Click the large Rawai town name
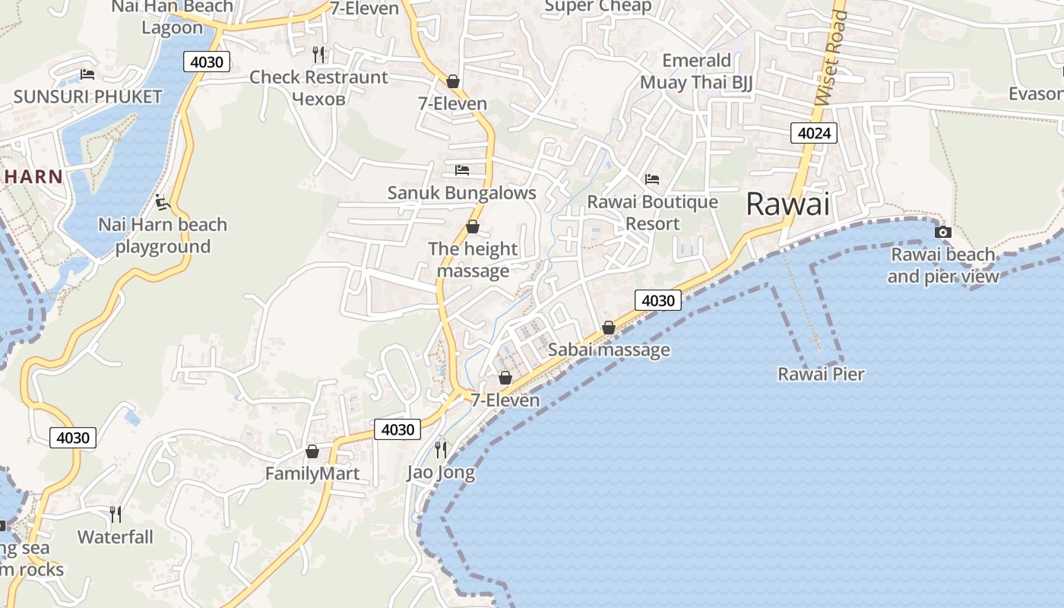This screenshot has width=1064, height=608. coord(787,204)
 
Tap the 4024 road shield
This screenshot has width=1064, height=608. coord(814,134)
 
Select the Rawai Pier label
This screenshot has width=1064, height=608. coord(821,374)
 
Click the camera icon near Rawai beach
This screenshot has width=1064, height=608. coord(942,232)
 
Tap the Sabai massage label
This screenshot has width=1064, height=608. coord(609,350)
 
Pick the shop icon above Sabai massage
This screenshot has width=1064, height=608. coord(608,328)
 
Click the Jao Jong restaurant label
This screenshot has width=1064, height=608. coord(441,472)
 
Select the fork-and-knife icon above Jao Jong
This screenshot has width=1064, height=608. coord(440,449)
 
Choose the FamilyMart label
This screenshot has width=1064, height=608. coord(312,473)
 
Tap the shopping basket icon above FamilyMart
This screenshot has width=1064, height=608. coord(312,451)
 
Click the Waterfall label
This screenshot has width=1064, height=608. coord(116,537)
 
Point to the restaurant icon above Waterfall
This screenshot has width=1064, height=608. coord(115,515)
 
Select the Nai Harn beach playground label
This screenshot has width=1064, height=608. coord(163,236)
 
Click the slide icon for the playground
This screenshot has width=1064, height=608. coord(161,202)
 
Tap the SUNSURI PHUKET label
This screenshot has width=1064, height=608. coord(88,97)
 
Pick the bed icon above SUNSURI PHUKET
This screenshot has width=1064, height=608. coord(87,74)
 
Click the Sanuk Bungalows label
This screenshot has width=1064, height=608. coord(461,192)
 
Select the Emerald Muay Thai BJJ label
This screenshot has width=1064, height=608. coord(696,71)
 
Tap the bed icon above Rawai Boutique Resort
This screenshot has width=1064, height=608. coord(652,179)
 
